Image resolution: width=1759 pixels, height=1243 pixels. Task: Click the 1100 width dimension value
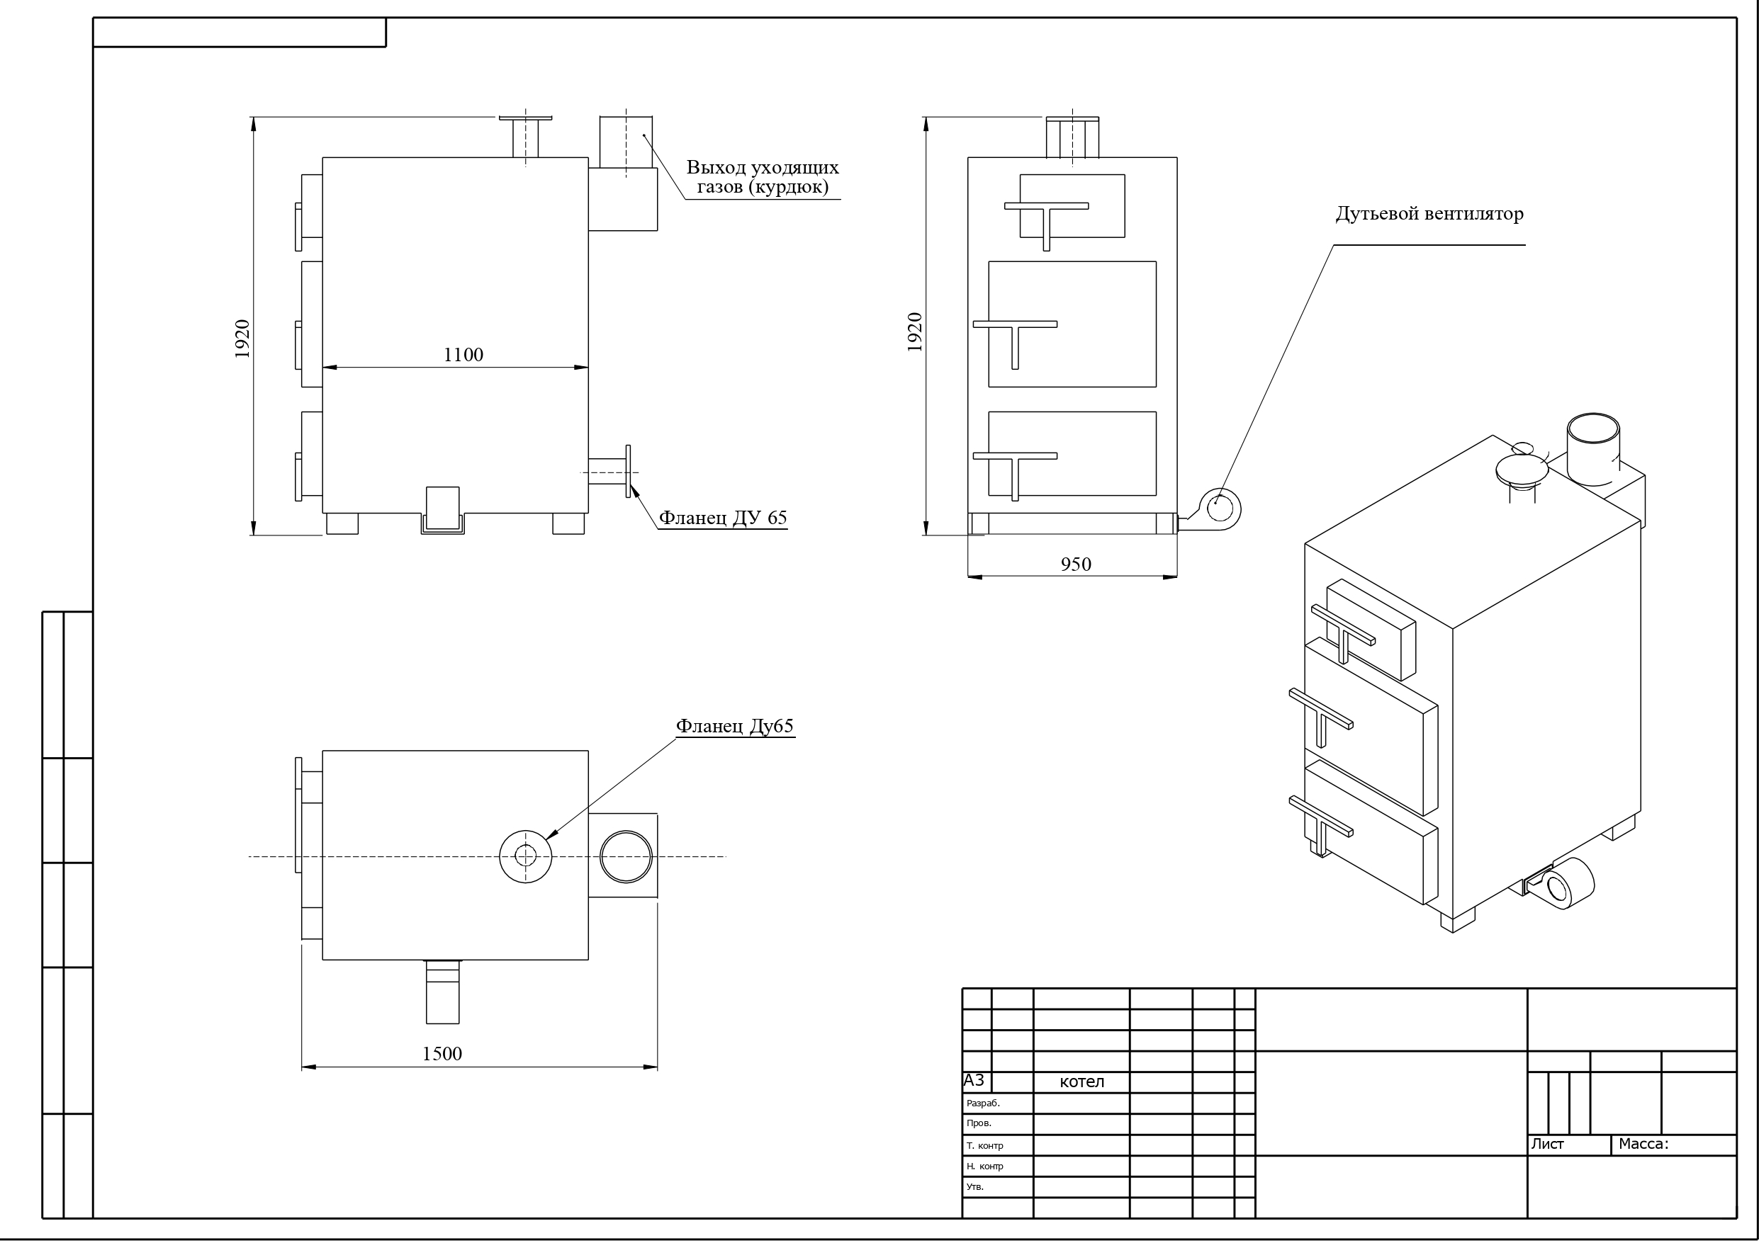[463, 355]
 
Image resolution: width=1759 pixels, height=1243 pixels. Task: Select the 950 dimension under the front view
[1076, 564]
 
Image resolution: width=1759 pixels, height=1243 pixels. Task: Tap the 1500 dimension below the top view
[442, 1054]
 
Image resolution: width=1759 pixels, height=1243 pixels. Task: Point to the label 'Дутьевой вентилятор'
[1429, 214]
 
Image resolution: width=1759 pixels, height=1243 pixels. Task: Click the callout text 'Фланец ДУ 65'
[723, 518]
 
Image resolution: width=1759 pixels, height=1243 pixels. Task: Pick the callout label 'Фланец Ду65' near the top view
[735, 726]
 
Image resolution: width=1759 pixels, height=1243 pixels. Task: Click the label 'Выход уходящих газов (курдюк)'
[763, 177]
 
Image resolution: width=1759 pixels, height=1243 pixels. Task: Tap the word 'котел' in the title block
[1081, 1082]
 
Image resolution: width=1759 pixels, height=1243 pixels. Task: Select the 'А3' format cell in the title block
[974, 1081]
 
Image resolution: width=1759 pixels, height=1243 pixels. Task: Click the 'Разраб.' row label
[983, 1103]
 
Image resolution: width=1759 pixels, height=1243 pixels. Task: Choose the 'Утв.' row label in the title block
[974, 1187]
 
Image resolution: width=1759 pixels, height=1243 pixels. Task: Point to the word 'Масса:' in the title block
[1643, 1145]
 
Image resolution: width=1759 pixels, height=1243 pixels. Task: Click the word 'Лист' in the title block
[1548, 1145]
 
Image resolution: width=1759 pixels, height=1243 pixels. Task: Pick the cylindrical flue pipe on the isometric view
[1594, 449]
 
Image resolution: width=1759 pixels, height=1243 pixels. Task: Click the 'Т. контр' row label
[984, 1146]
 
